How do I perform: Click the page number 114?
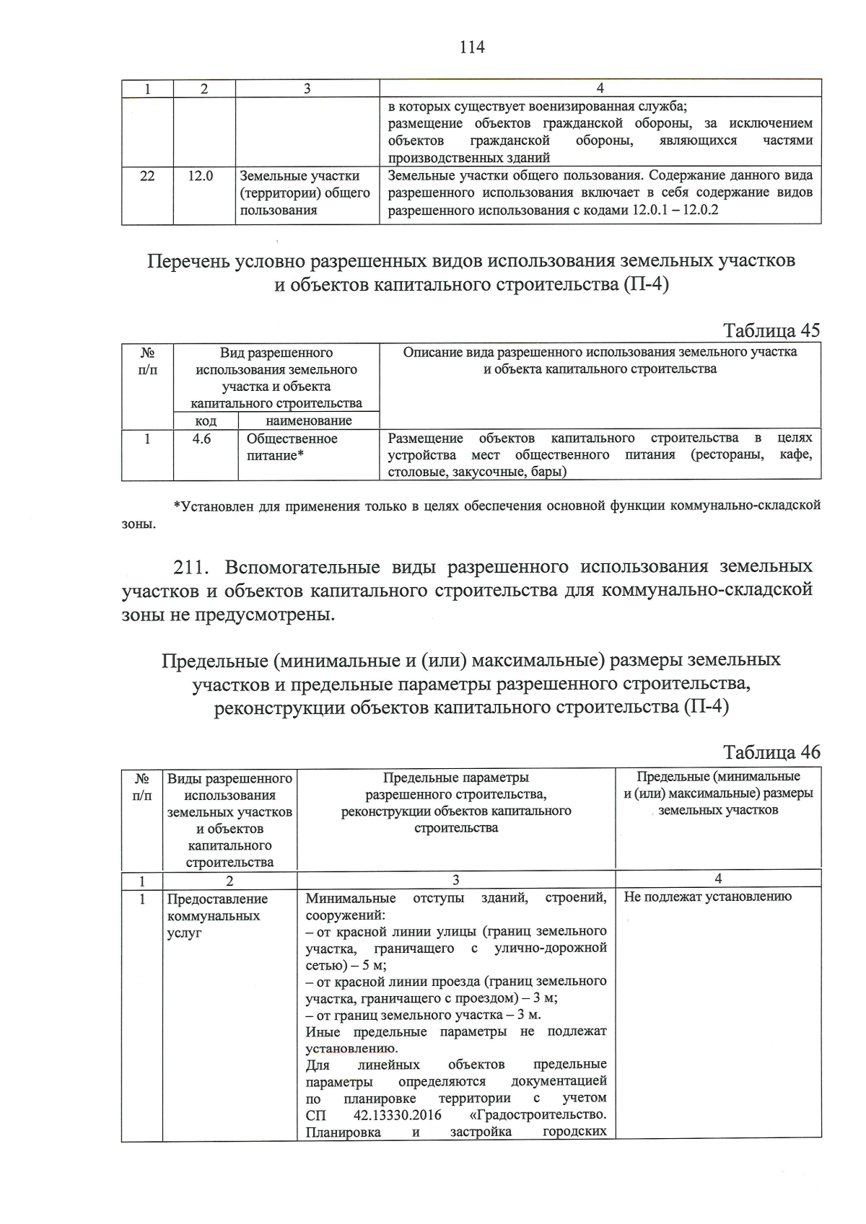coord(472,48)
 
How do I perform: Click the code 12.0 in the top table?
coord(201,175)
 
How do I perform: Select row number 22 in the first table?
coord(146,175)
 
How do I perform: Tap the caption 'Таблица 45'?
coord(771,330)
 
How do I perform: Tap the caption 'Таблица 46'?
coord(771,752)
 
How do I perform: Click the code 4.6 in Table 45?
coord(201,439)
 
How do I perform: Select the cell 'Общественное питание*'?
coord(292,447)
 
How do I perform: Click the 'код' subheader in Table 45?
coord(206,421)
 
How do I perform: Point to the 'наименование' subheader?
coord(308,421)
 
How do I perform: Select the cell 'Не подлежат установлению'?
coord(707,897)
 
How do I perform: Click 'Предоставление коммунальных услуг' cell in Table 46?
coord(217,916)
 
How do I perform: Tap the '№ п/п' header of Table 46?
coord(142,786)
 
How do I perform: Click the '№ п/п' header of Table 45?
coord(147,361)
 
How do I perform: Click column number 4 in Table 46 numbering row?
coord(717,879)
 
